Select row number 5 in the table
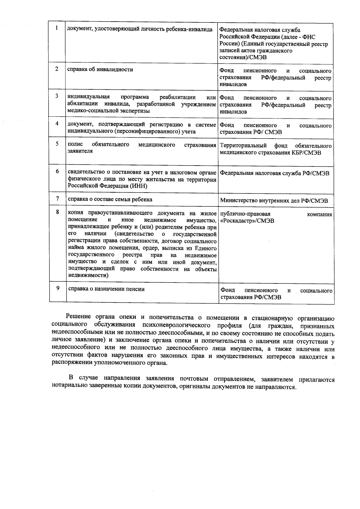coord(57,144)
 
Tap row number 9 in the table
coord(58,288)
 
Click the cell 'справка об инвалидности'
coord(100,70)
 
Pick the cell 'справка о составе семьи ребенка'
coord(110,199)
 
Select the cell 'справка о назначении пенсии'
coord(106,289)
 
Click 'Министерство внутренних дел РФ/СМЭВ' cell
coord(274,201)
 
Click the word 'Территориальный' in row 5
coord(243,146)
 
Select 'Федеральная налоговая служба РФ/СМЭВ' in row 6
coord(275,173)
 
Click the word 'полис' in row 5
coord(75,145)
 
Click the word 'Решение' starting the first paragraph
coord(79,317)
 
